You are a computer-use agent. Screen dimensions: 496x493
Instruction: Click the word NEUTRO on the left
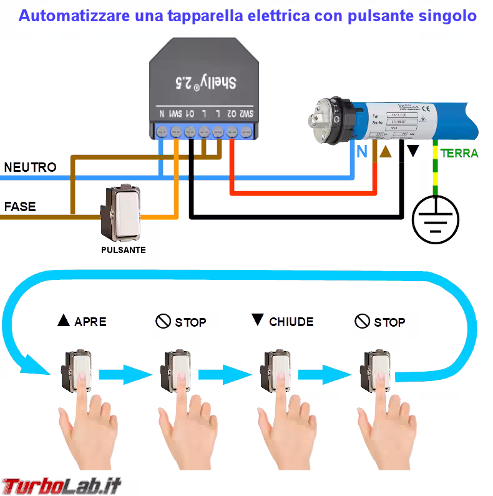(30, 167)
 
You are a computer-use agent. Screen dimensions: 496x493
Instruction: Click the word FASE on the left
(20, 206)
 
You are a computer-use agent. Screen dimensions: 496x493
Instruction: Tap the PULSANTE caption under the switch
(124, 250)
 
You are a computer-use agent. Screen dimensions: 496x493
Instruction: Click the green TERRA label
(459, 153)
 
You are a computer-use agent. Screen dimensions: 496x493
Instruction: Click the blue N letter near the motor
(361, 151)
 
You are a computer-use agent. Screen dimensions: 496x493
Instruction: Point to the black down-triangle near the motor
(412, 152)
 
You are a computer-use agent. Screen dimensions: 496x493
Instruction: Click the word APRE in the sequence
(90, 322)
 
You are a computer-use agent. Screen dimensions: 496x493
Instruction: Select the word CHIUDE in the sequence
(291, 322)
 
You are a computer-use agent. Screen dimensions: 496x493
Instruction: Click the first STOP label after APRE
(190, 322)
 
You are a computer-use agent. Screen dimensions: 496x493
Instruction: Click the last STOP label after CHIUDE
(389, 322)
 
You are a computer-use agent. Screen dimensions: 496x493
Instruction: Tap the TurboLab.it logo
(61, 485)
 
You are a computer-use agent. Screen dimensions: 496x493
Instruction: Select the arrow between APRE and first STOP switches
(126, 375)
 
